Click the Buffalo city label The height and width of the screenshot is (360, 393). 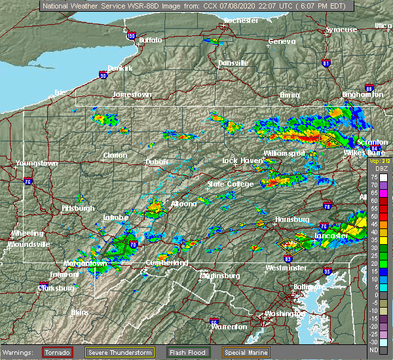pyautogui.click(x=150, y=41)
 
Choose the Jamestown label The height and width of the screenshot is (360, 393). pyautogui.click(x=132, y=94)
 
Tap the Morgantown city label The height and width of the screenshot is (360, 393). pyautogui.click(x=85, y=264)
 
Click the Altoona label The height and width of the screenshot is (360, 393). pyautogui.click(x=183, y=204)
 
